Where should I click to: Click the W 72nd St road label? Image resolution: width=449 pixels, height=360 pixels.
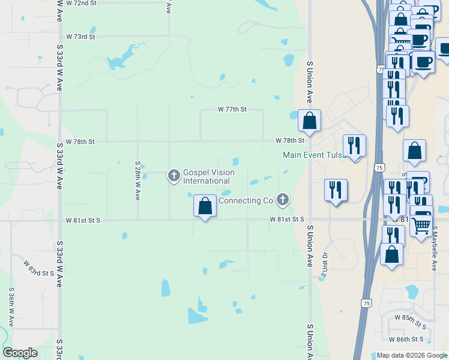(x=81, y=3)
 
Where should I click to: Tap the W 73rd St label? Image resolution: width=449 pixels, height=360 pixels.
(x=81, y=37)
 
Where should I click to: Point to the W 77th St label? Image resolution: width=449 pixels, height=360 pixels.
(x=232, y=110)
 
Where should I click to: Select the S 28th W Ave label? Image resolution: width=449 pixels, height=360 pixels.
(x=137, y=180)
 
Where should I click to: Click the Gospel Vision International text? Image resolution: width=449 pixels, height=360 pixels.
(x=208, y=176)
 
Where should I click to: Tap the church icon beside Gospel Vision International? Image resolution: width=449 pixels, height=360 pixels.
(x=174, y=176)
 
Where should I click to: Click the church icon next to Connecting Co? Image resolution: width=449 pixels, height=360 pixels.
(x=283, y=200)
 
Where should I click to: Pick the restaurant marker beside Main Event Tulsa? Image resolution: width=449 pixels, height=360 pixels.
(x=355, y=146)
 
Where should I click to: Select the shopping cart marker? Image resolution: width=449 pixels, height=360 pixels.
(x=421, y=225)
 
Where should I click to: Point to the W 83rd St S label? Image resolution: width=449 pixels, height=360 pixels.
(x=40, y=268)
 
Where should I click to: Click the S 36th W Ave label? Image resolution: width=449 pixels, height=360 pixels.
(x=11, y=306)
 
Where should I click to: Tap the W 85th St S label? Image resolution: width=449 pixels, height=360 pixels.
(x=410, y=321)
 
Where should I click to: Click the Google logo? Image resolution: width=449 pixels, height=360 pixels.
(x=20, y=353)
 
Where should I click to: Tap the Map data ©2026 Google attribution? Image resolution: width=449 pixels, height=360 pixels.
(x=412, y=356)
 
